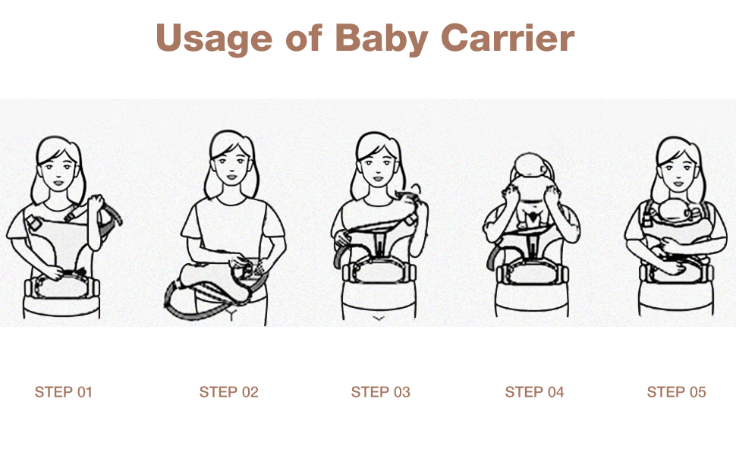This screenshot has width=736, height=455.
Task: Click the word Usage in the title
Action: [x=212, y=38]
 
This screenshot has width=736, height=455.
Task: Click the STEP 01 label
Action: [x=63, y=392]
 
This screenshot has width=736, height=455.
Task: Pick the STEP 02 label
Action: [x=228, y=392]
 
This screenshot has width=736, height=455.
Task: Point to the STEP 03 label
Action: [x=380, y=392]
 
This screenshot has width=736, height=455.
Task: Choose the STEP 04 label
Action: [x=534, y=392]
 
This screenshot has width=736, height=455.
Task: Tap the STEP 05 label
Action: [x=676, y=392]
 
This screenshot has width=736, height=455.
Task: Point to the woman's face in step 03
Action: [x=376, y=162]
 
